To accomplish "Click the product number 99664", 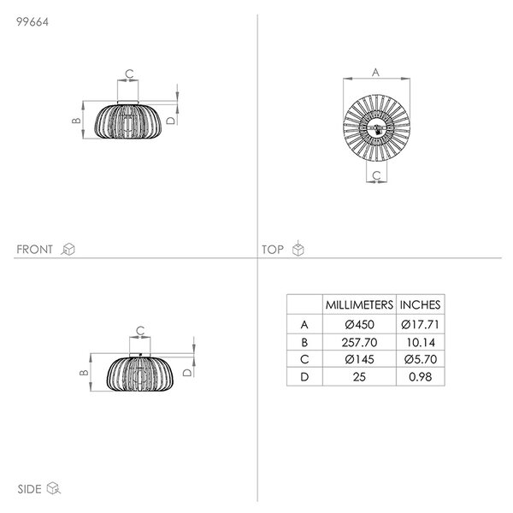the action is (32, 22).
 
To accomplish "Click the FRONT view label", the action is (34, 250).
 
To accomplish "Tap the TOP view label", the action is (272, 250).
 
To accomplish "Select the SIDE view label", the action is (29, 489).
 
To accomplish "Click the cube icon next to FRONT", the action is (68, 249).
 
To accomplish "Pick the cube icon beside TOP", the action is (298, 248).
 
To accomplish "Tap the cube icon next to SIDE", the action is (54, 488).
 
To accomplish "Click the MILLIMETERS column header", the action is (359, 305).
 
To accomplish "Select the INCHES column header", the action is (420, 305).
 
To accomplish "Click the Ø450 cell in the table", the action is (359, 325).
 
